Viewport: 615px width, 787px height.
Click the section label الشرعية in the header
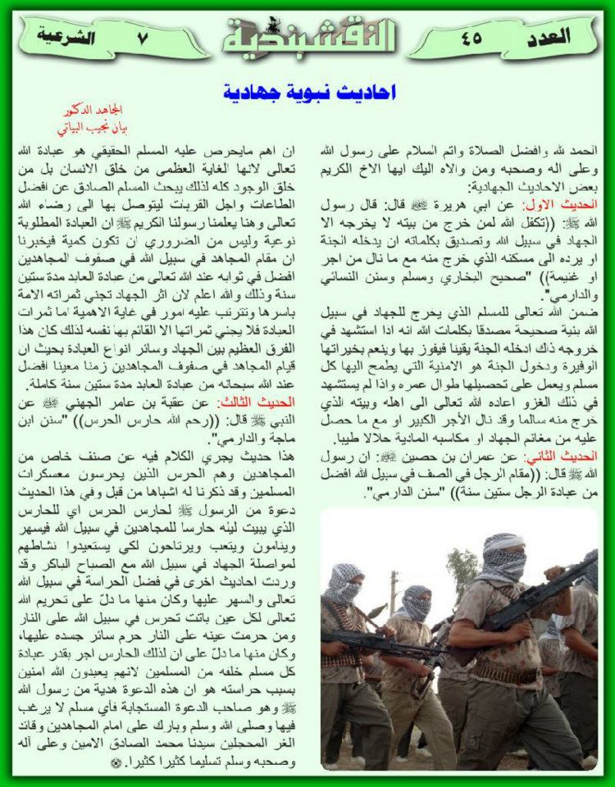[64, 36]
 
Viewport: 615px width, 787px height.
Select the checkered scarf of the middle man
[417, 604]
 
